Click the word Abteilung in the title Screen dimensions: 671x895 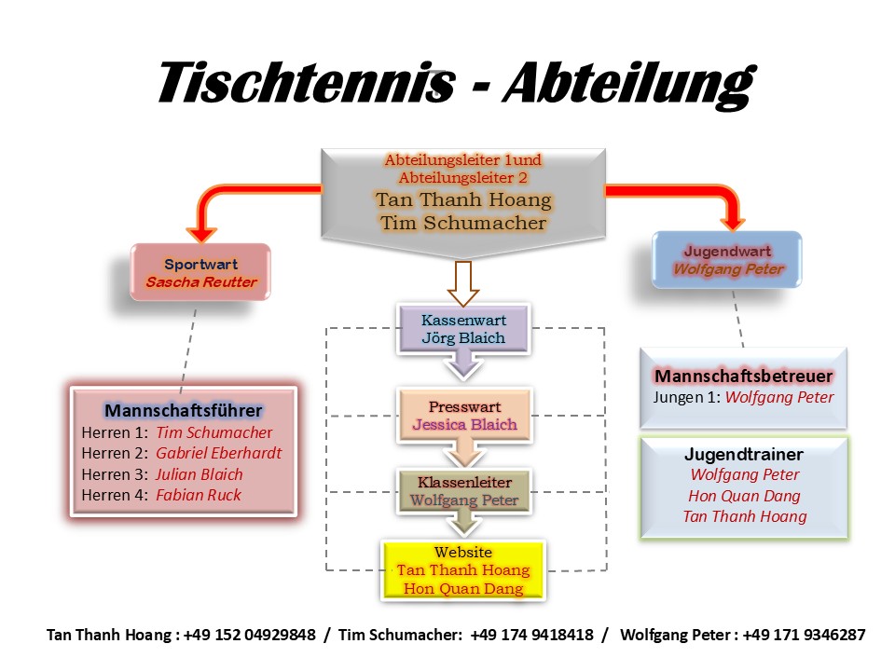tap(626, 83)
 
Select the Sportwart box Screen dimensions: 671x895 tap(201, 272)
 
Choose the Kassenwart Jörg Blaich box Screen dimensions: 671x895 tap(463, 328)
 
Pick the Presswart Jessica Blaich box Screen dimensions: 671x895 tap(464, 416)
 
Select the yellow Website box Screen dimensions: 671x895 tap(463, 570)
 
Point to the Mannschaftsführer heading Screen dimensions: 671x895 tap(184, 410)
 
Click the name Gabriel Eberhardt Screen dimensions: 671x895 tap(218, 453)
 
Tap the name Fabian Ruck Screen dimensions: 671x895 tap(198, 495)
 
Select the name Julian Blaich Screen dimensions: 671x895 tap(200, 474)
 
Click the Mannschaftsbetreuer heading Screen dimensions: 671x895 tap(743, 376)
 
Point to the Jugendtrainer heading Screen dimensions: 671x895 tap(744, 455)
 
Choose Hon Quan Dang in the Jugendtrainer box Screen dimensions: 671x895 tap(744, 496)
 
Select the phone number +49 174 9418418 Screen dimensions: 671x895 tap(531, 635)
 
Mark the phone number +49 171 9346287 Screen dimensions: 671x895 tap(804, 635)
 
